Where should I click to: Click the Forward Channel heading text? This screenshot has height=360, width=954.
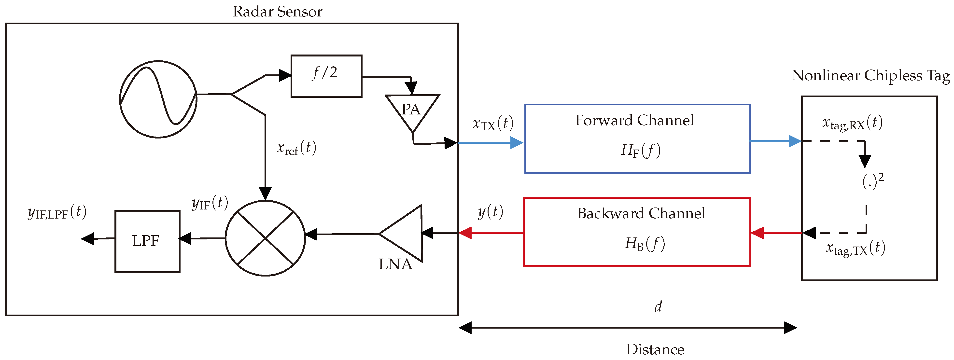click(x=634, y=120)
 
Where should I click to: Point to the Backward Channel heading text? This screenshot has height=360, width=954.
click(x=641, y=213)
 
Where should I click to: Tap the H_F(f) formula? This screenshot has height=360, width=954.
click(x=641, y=150)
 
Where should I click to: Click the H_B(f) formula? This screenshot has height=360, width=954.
click(x=645, y=244)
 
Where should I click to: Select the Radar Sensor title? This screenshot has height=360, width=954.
click(x=277, y=12)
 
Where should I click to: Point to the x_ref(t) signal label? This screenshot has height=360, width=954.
click(x=296, y=148)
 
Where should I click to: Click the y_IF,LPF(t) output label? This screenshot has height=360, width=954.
click(x=57, y=212)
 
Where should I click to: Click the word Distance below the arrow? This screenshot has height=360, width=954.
click(x=655, y=349)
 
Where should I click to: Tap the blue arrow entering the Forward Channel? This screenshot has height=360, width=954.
click(x=491, y=143)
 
